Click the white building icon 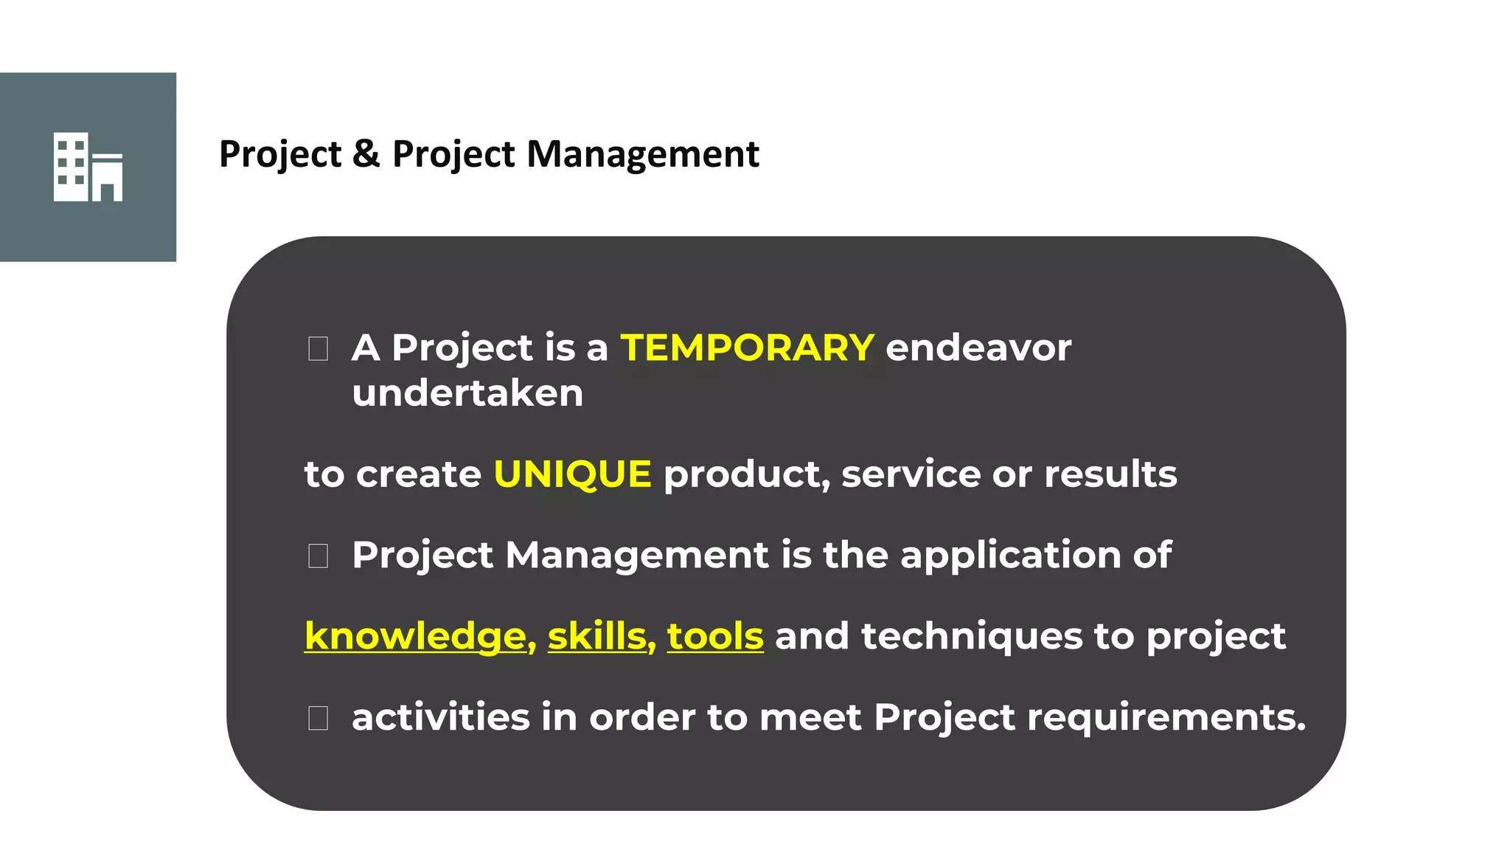(88, 167)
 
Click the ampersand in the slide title (366, 154)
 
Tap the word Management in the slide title (642, 154)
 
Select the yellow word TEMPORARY (747, 348)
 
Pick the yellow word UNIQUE (572, 474)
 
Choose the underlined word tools (714, 636)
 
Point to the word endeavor (978, 348)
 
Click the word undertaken (467, 393)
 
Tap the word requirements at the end (1165, 717)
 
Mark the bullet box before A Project (318, 348)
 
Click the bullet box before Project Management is (318, 556)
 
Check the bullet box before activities (318, 718)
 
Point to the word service (911, 474)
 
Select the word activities (440, 717)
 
